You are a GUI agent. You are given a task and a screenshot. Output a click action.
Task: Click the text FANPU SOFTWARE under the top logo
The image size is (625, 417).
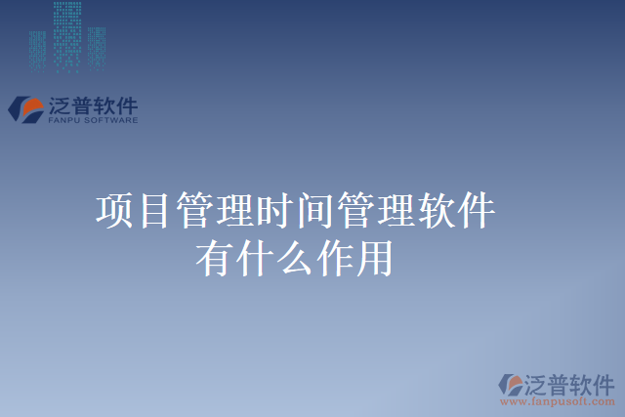point(93,121)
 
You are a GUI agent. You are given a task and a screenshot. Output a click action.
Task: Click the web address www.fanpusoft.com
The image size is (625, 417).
point(558,401)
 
